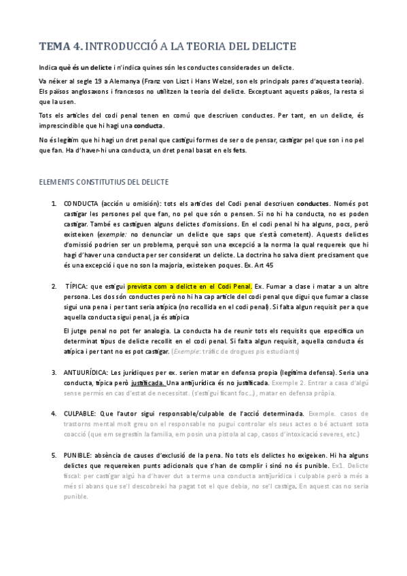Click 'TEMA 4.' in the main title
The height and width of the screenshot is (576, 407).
61,47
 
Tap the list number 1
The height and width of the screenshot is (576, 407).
54,203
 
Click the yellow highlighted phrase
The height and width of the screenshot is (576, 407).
190,286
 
